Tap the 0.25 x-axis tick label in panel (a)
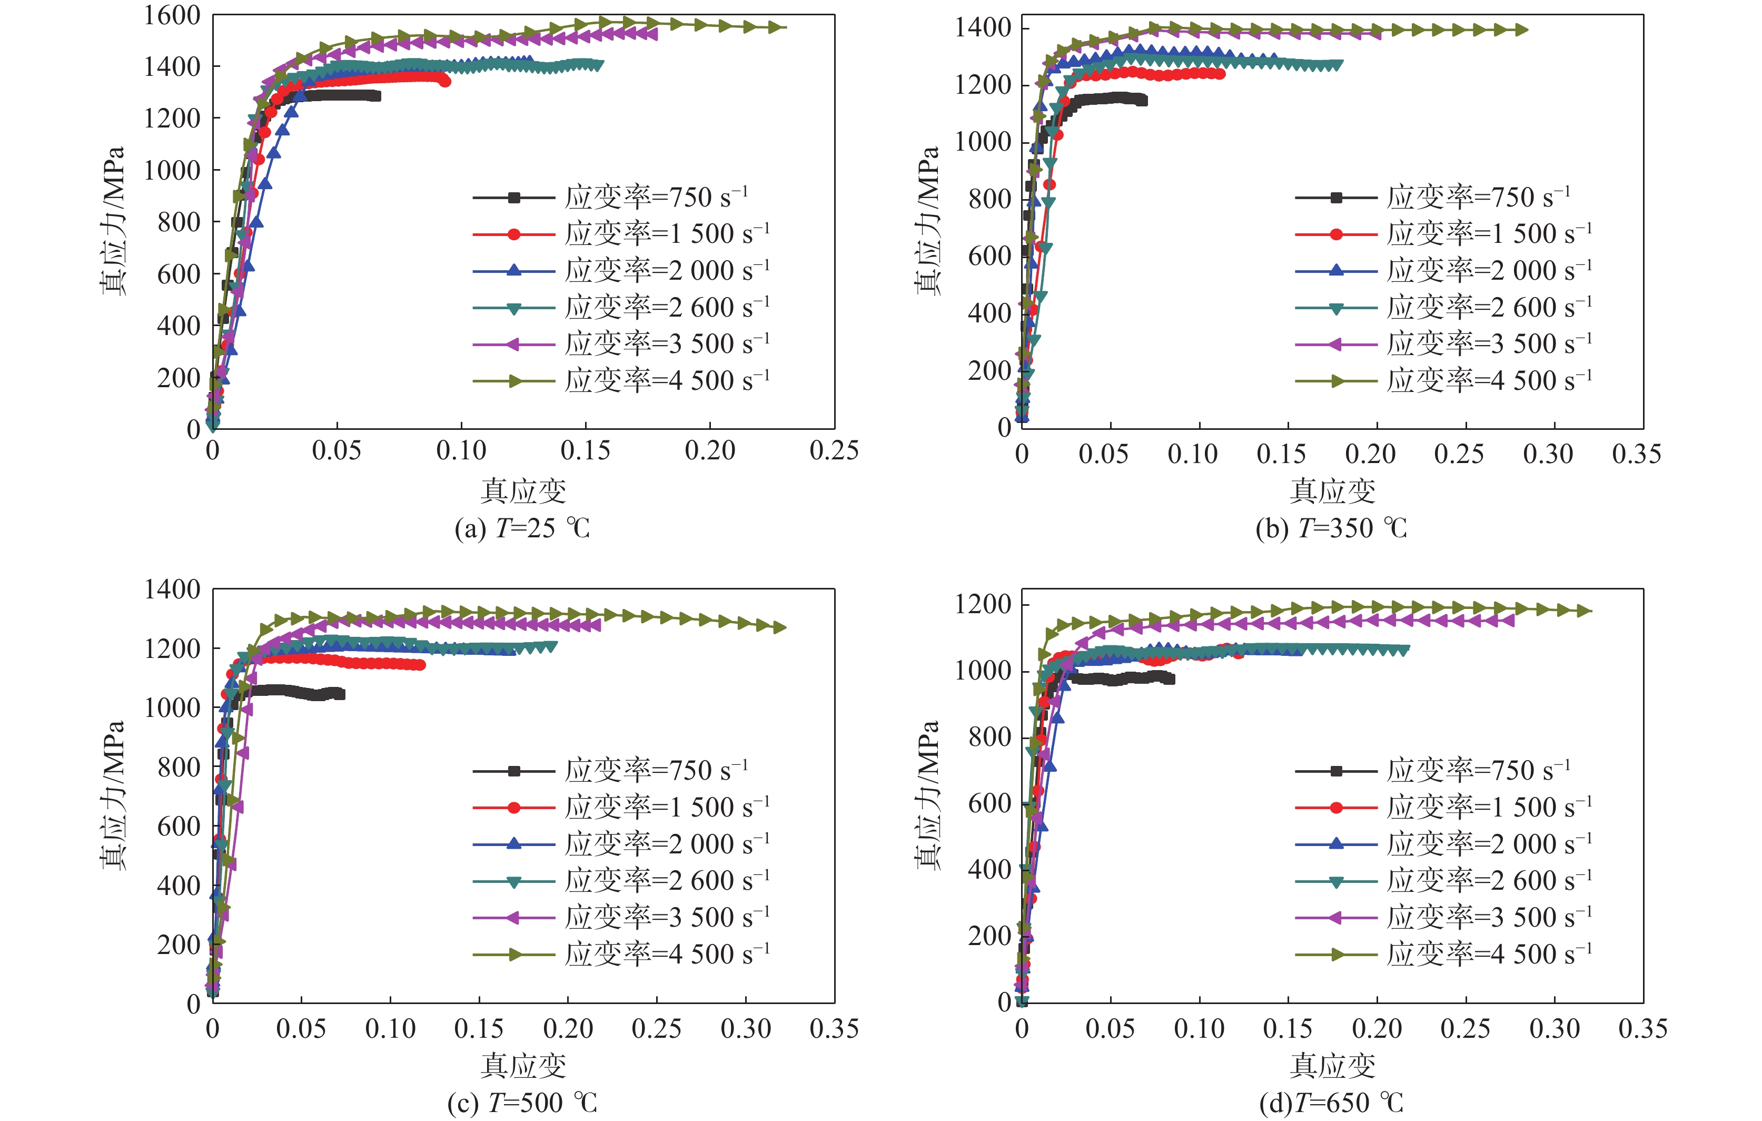coord(834,450)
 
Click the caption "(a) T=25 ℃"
coord(522,528)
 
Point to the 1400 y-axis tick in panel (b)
coord(983,28)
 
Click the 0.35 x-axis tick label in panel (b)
coord(1636,454)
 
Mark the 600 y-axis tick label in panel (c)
coord(179,827)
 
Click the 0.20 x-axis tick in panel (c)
coord(568,1029)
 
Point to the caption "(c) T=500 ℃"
coord(522,1102)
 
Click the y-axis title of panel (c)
coord(113,794)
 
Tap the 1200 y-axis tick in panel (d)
coord(983,605)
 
